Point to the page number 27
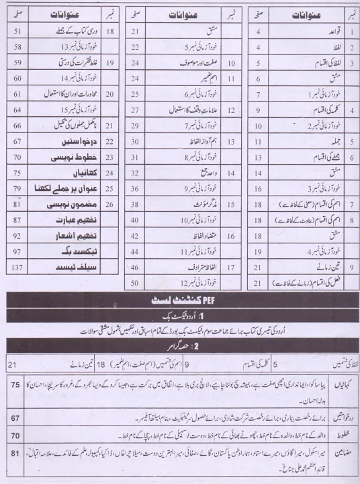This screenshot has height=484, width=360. click(134, 110)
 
